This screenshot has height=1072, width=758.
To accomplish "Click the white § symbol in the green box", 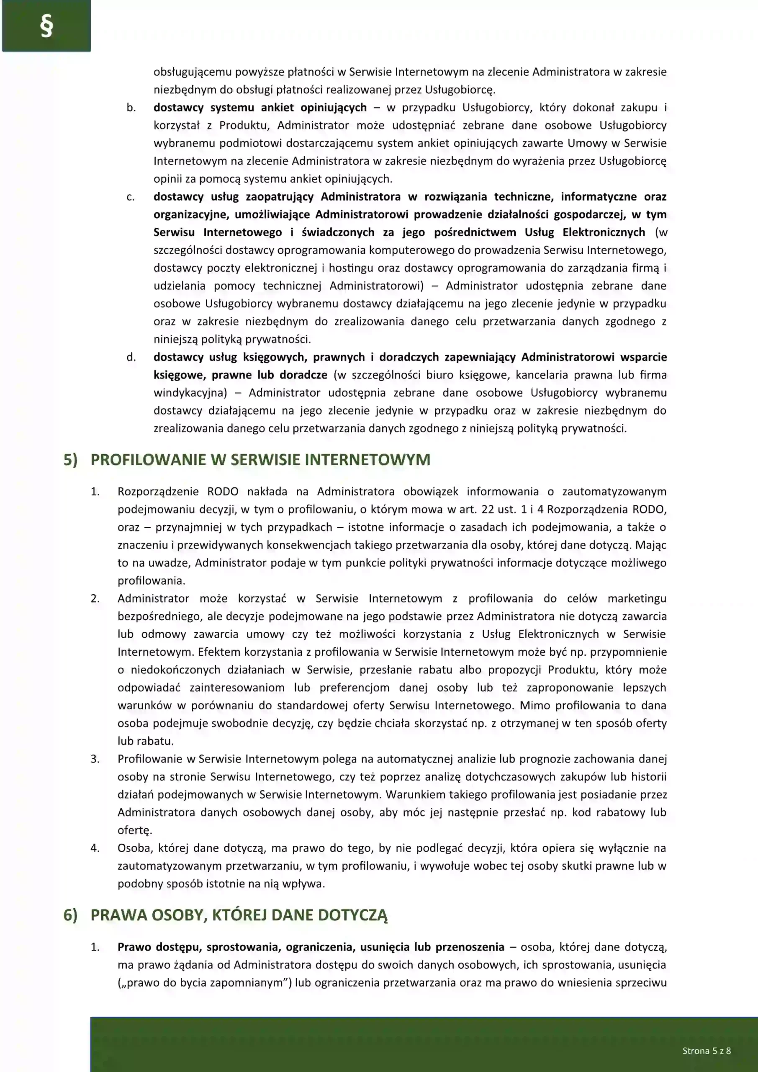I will click(46, 27).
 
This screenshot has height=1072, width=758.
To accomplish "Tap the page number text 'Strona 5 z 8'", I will click(706, 1051).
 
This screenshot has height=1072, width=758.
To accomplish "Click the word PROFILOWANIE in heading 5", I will click(148, 460).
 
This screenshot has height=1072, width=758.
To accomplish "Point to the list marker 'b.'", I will click(131, 108).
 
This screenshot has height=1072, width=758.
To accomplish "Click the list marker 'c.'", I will click(131, 197).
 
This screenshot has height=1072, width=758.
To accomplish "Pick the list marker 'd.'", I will click(131, 357).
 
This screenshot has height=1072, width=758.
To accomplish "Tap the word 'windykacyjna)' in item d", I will click(190, 393).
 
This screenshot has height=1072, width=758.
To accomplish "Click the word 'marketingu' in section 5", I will click(637, 598).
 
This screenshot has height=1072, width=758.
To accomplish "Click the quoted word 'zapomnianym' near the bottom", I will click(249, 983).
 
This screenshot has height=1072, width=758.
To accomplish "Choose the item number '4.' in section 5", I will click(95, 848).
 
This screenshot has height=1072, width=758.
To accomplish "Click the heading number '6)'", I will click(70, 915).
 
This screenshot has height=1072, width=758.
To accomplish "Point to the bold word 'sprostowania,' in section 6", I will click(243, 947).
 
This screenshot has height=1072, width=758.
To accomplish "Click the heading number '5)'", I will click(70, 460).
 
